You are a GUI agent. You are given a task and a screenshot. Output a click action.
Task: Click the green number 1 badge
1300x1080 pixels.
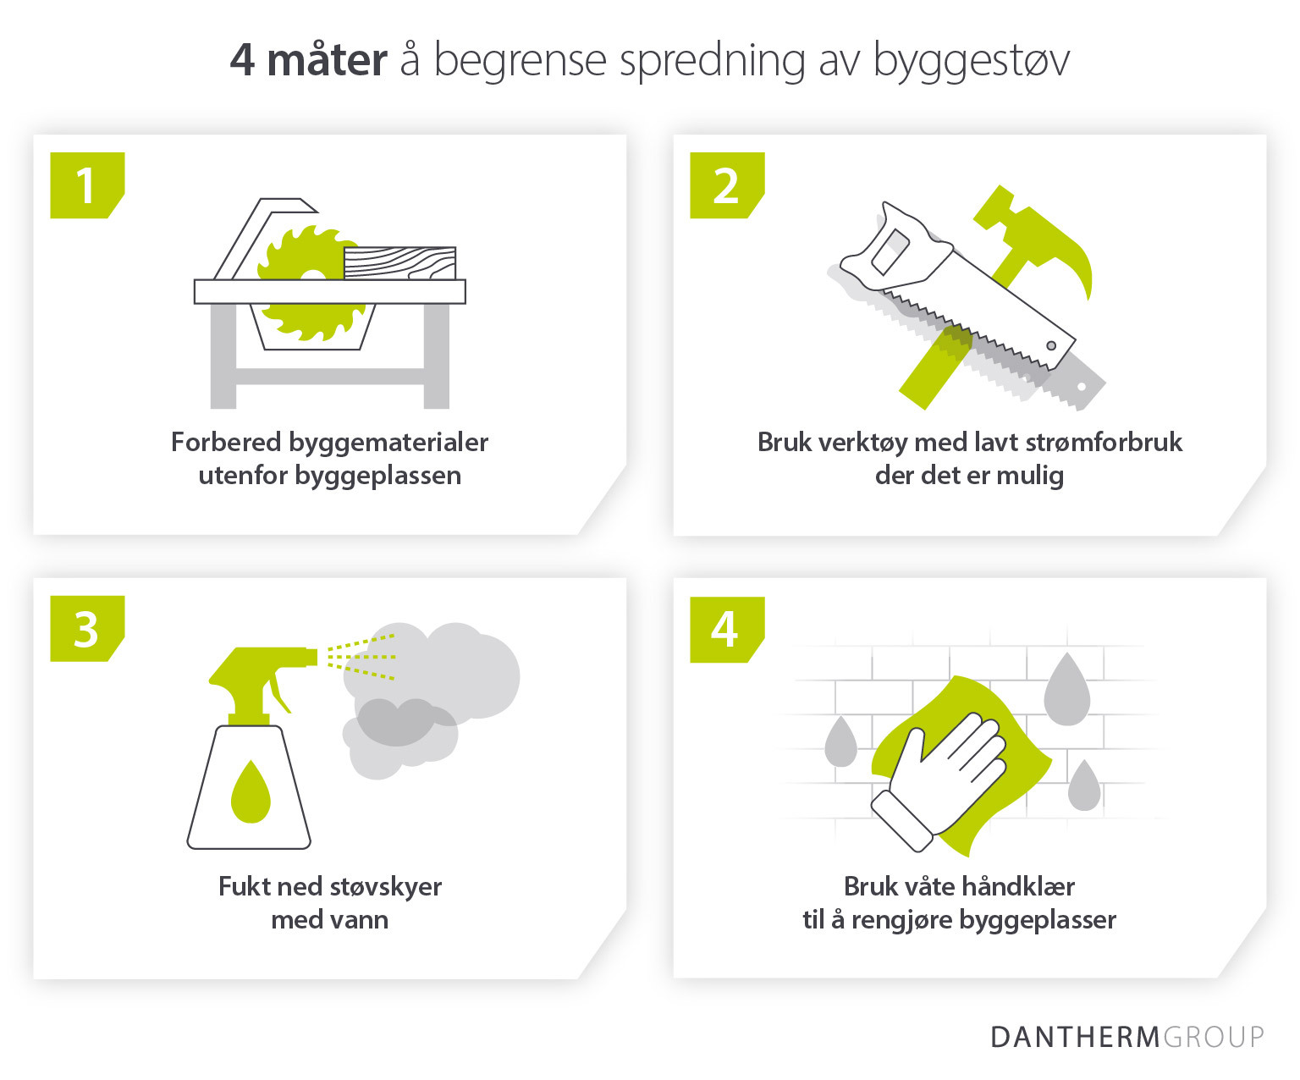(x=86, y=185)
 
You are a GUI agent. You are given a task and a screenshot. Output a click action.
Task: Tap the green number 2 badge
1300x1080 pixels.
(x=726, y=185)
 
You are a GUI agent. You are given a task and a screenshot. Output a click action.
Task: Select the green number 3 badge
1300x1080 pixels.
(x=86, y=629)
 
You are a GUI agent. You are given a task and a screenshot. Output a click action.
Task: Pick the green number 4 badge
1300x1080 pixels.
(x=726, y=630)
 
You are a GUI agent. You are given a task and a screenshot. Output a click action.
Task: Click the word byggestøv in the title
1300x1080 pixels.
(x=971, y=61)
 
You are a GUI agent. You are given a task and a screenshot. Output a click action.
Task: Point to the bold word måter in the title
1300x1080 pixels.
(x=327, y=61)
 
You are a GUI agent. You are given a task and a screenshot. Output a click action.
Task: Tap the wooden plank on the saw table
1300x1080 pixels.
(x=399, y=262)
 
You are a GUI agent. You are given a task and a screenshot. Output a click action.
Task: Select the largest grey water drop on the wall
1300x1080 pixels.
(x=1066, y=690)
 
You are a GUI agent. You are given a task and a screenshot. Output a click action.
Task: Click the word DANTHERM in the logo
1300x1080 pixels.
(x=1074, y=1037)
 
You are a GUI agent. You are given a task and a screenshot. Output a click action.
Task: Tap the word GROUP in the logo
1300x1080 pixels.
(x=1214, y=1037)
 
